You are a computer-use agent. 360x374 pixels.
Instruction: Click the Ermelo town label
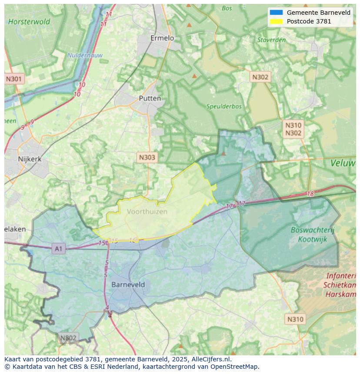[x=162, y=38]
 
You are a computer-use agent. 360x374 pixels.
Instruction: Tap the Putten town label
[x=150, y=98]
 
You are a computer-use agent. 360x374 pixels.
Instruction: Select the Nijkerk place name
[x=30, y=159]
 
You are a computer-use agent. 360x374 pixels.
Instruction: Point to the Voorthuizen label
[x=147, y=212]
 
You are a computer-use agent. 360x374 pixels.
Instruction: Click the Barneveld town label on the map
[x=128, y=285]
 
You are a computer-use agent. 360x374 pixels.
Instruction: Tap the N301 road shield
[x=14, y=79]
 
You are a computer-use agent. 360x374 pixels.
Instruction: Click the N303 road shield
[x=147, y=157]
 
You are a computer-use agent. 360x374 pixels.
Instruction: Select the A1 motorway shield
[x=58, y=248]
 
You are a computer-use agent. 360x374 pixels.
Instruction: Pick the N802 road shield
[x=68, y=338]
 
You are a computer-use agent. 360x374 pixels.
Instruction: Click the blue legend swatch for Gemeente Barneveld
[x=276, y=13]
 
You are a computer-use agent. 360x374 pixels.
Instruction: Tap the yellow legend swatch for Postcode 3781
[x=276, y=21]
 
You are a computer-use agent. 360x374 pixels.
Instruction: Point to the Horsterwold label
[x=29, y=21]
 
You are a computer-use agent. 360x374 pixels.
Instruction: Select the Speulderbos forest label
[x=224, y=106]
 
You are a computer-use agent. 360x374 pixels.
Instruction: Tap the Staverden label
[x=271, y=40]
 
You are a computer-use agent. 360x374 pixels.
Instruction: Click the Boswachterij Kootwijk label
[x=312, y=235]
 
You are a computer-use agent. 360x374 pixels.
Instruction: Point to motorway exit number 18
[x=310, y=194]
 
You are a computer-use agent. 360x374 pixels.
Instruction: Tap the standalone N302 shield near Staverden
[x=260, y=77]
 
